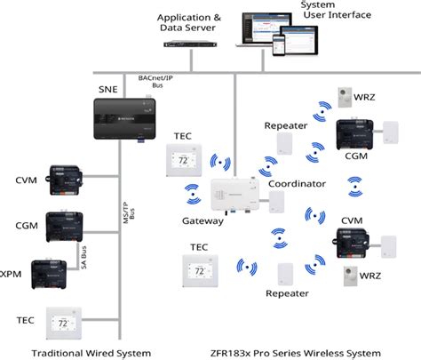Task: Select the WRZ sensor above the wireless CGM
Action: click(x=346, y=97)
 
